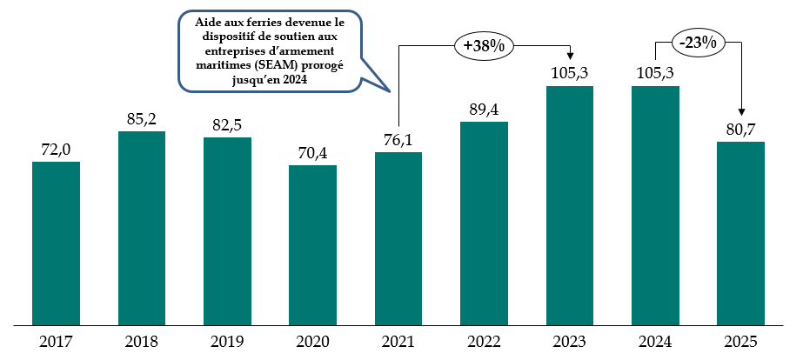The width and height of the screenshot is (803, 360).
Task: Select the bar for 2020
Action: [312, 245]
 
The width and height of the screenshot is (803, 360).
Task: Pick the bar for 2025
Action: [740, 233]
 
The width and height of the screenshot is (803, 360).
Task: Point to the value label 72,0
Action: [56, 150]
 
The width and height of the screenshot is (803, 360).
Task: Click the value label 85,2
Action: [142, 119]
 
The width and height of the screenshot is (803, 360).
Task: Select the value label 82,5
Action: [227, 125]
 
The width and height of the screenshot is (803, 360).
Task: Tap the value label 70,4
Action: [312, 153]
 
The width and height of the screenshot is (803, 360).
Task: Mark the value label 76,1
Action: [398, 140]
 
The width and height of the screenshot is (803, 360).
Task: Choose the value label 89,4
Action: [484, 110]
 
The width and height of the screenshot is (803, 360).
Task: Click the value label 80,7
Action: [740, 130]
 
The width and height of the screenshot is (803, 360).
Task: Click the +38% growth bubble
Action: [484, 46]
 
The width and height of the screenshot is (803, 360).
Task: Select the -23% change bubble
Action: [697, 42]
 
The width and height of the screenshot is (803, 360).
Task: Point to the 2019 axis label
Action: [227, 343]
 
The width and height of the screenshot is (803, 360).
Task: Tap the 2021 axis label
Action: [398, 343]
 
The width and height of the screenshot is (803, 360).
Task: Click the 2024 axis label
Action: [655, 343]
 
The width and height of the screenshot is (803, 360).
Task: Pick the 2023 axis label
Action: [569, 343]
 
